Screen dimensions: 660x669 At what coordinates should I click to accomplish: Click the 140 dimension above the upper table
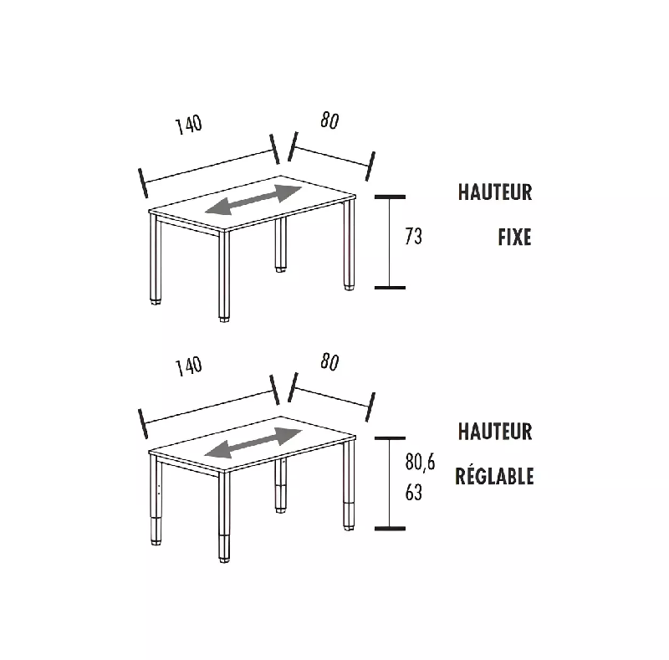point(189,125)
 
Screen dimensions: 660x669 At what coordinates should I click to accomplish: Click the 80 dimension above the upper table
point(329,120)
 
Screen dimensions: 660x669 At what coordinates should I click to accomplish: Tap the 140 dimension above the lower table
point(189,366)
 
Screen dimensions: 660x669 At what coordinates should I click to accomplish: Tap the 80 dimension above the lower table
point(329,362)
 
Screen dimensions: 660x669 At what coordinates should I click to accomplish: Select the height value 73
point(413,238)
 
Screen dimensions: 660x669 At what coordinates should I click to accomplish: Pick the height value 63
point(413,493)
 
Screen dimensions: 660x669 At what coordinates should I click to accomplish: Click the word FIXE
point(514,238)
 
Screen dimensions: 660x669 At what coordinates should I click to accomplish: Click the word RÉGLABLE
point(494,477)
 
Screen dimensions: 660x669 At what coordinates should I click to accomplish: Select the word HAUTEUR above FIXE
point(494,192)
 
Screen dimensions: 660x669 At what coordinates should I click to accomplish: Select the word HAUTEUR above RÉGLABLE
point(494,432)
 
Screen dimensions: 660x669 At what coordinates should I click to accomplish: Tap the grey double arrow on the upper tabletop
point(253,201)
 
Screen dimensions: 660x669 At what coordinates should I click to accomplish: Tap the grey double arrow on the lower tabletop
point(253,442)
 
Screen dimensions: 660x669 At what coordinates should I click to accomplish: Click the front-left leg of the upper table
point(156,259)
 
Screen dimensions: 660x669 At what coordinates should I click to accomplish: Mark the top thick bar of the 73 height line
point(390,197)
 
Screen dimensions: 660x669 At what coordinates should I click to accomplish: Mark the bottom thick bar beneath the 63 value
point(390,528)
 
